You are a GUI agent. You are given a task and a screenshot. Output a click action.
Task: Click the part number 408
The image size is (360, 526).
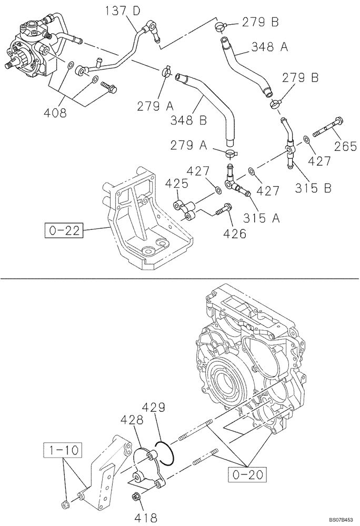(x=55, y=112)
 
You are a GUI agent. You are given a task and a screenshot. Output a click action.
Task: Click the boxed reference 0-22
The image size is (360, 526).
(x=64, y=230)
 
